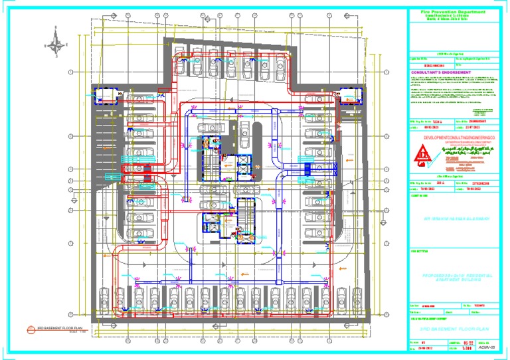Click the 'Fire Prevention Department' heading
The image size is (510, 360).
pyautogui.click(x=453, y=12)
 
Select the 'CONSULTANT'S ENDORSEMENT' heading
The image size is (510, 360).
pyautogui.click(x=441, y=72)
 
